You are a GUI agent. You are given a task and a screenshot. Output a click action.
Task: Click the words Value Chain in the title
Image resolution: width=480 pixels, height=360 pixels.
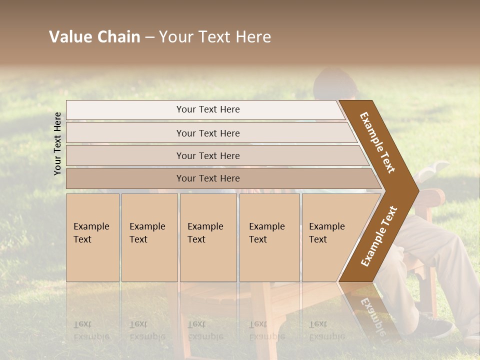(x=94, y=37)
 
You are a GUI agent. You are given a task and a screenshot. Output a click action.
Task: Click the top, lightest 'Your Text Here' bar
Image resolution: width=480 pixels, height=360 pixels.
(x=207, y=109)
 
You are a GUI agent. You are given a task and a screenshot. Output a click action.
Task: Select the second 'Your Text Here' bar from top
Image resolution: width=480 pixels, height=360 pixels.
(x=207, y=133)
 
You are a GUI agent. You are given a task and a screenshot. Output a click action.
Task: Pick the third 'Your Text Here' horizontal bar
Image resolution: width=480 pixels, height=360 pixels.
(x=207, y=155)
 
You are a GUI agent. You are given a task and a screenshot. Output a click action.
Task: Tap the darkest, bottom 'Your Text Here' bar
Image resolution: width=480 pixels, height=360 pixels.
(x=207, y=178)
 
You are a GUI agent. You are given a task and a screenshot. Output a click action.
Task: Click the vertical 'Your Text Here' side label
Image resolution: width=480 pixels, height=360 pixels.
(x=57, y=143)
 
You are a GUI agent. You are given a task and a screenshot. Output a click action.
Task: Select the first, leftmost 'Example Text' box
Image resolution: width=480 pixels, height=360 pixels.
(x=92, y=237)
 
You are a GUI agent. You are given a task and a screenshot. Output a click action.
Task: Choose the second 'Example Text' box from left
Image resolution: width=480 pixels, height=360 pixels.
(x=149, y=237)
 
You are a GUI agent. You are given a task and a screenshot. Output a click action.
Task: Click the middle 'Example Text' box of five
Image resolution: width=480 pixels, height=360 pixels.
(x=208, y=237)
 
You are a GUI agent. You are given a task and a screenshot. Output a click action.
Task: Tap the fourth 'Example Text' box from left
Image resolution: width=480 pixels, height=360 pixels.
(x=269, y=237)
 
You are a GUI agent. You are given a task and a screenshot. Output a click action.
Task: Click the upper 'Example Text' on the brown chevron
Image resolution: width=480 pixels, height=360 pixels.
(x=378, y=142)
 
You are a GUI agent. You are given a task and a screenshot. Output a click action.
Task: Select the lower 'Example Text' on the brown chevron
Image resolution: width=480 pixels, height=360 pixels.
(x=378, y=236)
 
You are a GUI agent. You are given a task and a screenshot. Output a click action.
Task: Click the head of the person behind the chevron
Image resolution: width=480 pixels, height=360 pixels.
(x=336, y=82)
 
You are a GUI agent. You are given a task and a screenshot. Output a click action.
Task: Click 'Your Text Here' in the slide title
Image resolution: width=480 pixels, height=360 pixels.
(x=215, y=37)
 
